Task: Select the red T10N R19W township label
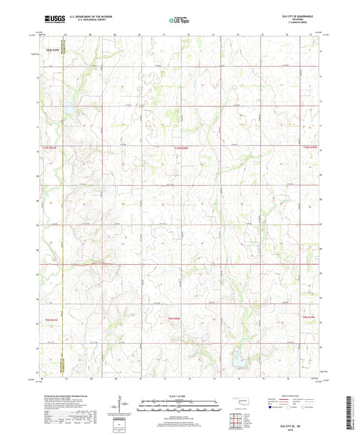click(x=309, y=147)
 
